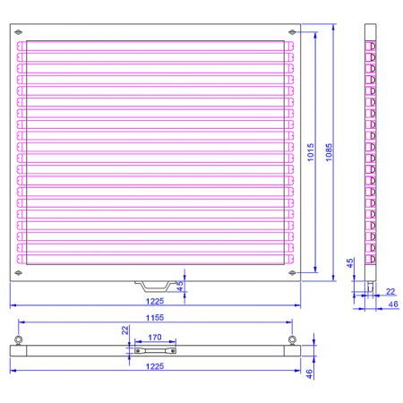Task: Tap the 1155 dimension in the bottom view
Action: click(155, 316)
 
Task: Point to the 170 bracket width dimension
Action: click(154, 338)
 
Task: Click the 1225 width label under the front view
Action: click(156, 301)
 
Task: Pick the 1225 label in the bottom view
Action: click(156, 367)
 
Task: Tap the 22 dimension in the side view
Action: click(390, 291)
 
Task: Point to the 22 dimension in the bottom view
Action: click(126, 330)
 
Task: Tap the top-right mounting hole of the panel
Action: click(294, 33)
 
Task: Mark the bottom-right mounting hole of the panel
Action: click(294, 271)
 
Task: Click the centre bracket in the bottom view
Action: click(154, 351)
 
